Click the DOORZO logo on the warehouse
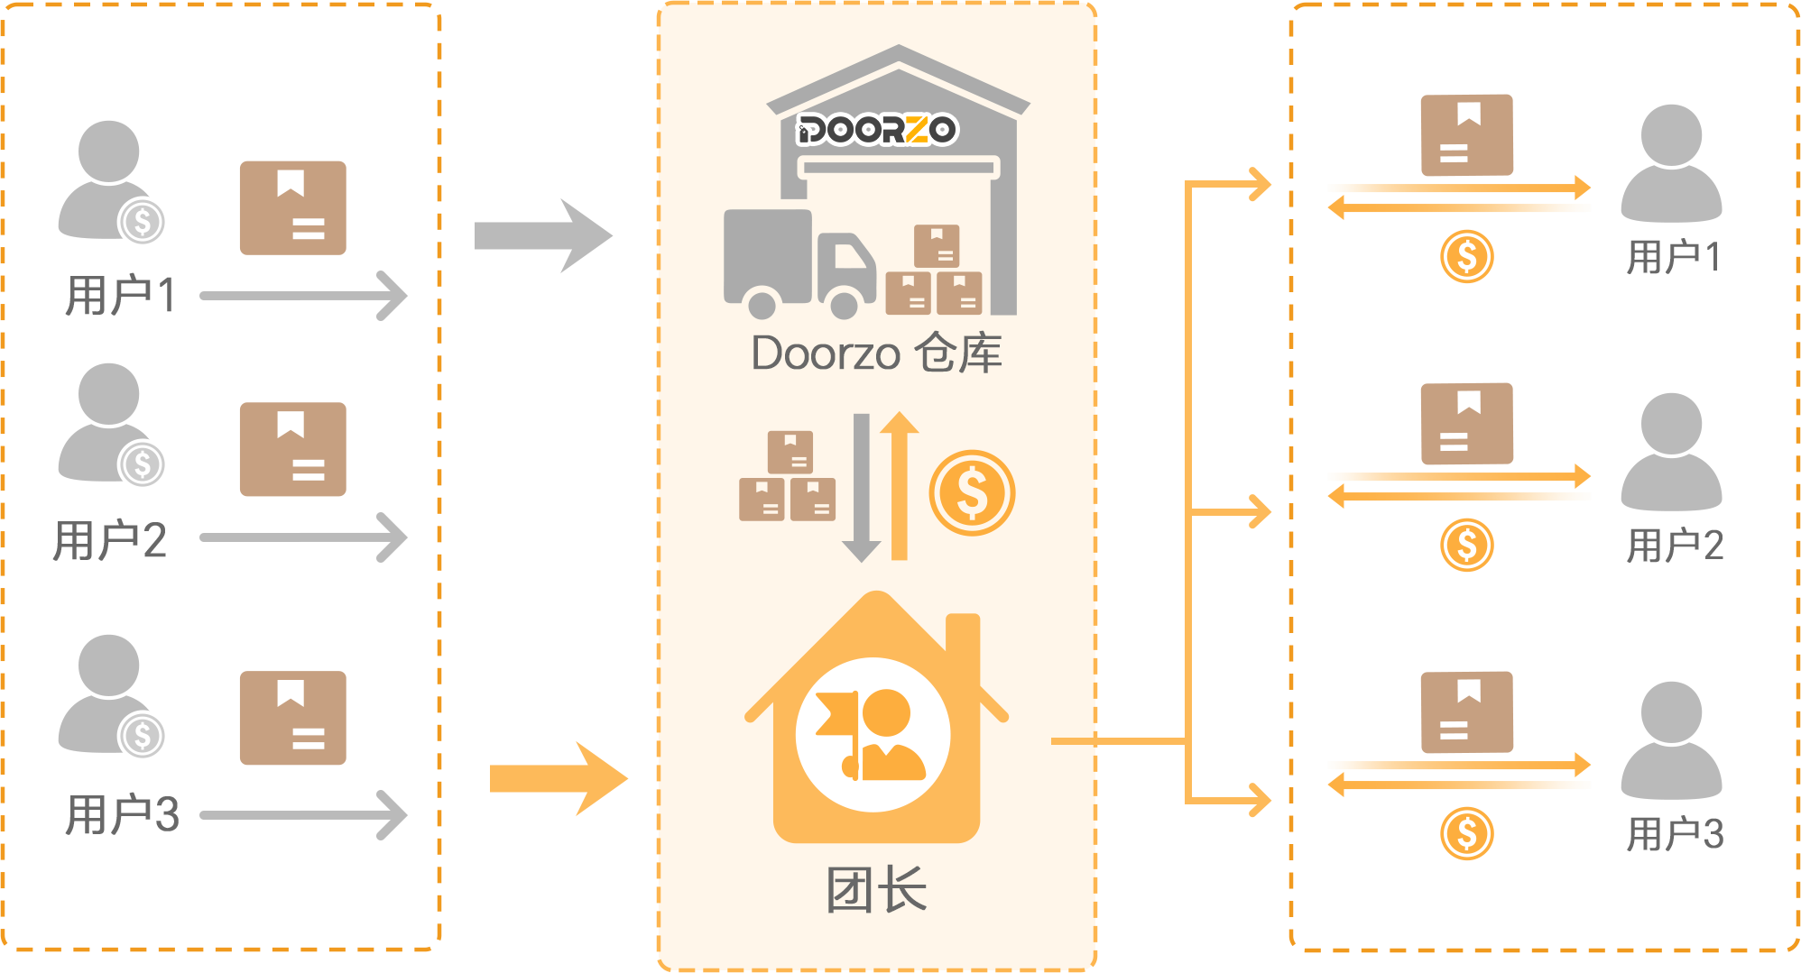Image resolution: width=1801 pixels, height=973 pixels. (876, 130)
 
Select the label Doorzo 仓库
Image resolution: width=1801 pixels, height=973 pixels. (876, 353)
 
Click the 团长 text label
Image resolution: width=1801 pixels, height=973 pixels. (876, 890)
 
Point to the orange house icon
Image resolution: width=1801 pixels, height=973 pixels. (876, 721)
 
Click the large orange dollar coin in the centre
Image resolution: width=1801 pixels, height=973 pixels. (972, 493)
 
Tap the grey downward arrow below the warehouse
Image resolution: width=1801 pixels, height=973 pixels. (861, 487)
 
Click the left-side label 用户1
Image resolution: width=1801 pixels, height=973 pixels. (121, 296)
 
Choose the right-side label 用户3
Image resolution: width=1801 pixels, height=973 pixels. (1675, 834)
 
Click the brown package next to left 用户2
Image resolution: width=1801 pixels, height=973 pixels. (292, 449)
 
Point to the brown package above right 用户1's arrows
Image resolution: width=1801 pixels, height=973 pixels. (1466, 135)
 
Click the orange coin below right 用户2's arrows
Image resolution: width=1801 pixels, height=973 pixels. (1466, 545)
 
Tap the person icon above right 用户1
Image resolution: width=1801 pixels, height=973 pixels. (1671, 162)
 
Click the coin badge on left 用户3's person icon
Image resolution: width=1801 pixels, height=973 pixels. (143, 735)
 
